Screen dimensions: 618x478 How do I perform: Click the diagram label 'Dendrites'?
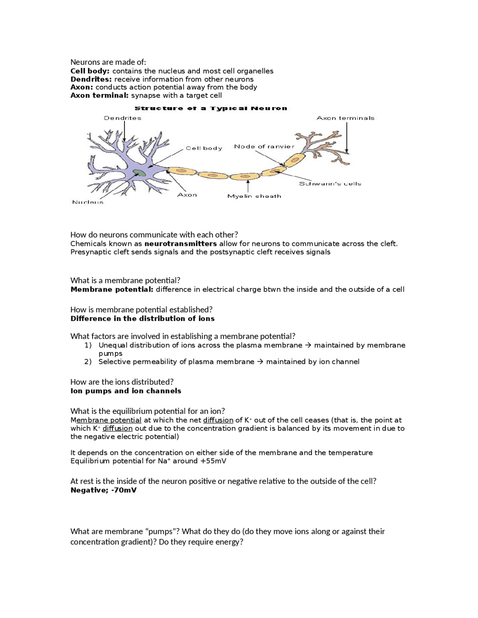tap(122, 118)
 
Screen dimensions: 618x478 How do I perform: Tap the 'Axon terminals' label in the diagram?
tap(345, 118)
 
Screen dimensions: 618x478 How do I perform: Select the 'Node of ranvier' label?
tap(264, 147)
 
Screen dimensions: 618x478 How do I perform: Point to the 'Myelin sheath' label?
tap(254, 196)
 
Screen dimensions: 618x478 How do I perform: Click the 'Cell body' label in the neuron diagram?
tap(204, 148)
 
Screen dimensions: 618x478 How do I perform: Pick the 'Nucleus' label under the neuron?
tap(88, 202)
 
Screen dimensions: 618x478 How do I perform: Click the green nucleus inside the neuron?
tap(139, 172)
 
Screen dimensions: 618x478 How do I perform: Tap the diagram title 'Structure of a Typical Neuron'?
tap(211, 109)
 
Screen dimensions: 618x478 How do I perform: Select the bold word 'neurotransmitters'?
tap(180, 244)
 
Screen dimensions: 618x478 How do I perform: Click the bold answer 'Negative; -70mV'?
tap(103, 490)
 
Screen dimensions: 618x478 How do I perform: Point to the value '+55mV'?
tap(213, 461)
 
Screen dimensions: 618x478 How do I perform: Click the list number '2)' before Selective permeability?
tap(88, 362)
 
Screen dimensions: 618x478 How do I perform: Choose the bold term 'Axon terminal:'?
tap(99, 95)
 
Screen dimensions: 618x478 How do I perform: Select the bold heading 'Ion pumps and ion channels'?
tap(126, 391)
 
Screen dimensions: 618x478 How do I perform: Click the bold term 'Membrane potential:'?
tap(112, 289)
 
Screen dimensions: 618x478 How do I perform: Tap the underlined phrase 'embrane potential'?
tap(109, 420)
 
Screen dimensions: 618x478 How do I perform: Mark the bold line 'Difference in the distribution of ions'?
tap(142, 318)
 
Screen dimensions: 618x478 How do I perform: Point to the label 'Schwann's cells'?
tap(330, 184)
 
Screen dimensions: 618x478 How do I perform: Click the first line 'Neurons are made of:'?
tap(108, 62)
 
